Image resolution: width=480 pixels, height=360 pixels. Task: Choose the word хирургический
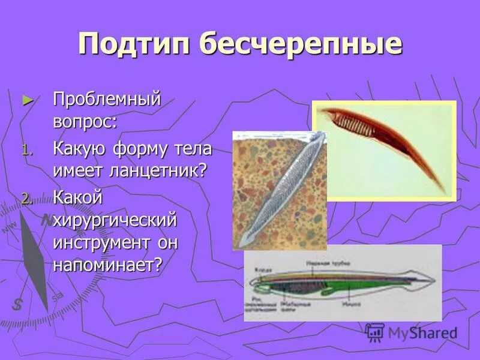tap(115, 220)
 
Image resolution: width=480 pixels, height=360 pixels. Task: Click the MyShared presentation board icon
tap(375, 332)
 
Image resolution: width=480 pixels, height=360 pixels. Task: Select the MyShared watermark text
tap(422, 334)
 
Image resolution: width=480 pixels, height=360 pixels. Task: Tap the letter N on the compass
tap(46, 220)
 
